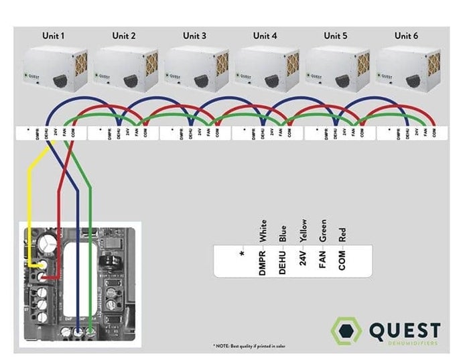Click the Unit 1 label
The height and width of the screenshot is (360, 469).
pyautogui.click(x=53, y=36)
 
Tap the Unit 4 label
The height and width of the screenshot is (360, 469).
pyautogui.click(x=265, y=36)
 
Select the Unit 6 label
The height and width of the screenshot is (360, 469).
pyautogui.click(x=405, y=36)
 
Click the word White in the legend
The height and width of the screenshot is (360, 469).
pyautogui.click(x=263, y=231)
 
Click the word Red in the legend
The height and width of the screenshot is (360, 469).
pyautogui.click(x=342, y=234)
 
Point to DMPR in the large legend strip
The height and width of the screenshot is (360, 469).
pyautogui.click(x=263, y=259)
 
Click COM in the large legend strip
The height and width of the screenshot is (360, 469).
pyautogui.click(x=342, y=259)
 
